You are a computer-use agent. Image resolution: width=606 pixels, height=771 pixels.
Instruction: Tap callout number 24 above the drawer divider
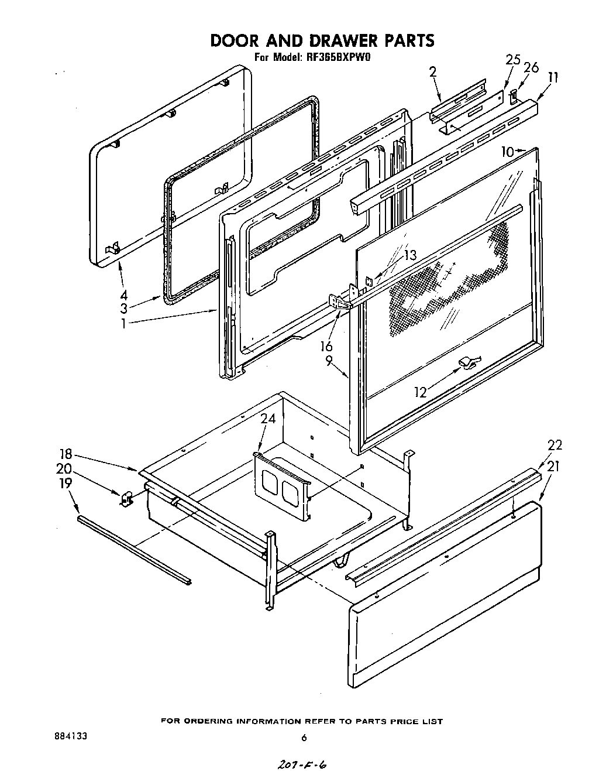(268, 419)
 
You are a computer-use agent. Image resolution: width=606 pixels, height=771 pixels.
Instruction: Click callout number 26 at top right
(531, 68)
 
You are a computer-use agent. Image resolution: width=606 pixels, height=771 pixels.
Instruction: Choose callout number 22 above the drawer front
(555, 445)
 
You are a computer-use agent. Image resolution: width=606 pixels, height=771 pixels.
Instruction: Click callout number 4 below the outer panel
(123, 296)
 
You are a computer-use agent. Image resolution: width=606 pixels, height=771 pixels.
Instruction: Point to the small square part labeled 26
(513, 95)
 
